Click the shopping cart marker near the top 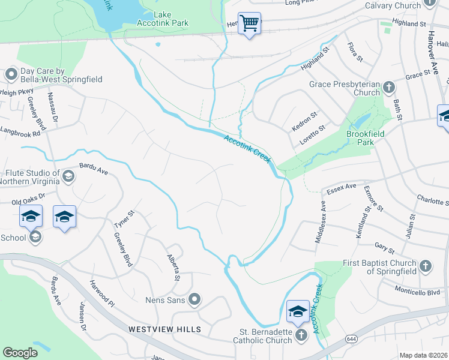249,23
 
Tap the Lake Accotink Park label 171,19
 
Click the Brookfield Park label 361,137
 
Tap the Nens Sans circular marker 194,299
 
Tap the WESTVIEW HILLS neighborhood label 164,329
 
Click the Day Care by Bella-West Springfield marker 11,75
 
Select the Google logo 20,353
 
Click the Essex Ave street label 342,190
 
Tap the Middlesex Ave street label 322,222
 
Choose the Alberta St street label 173,266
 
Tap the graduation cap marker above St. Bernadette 298,311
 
